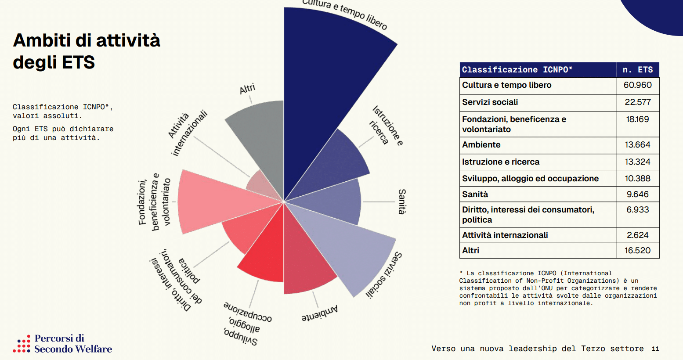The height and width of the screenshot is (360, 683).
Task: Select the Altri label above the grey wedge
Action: coord(247,89)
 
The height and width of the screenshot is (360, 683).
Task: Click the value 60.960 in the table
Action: coord(637,85)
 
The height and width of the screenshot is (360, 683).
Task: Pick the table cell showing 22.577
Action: coord(637,102)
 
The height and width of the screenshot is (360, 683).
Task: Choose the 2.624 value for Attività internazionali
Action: coord(637,235)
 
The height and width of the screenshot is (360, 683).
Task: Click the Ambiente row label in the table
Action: coord(481,145)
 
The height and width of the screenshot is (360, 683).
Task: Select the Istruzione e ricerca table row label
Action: coord(501,162)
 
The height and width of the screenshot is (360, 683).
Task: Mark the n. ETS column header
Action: coord(637,70)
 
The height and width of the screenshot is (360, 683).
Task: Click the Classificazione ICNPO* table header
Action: coord(517,70)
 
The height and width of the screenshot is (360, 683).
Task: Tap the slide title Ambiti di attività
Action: coord(87,40)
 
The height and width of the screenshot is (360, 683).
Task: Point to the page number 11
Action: coord(655,349)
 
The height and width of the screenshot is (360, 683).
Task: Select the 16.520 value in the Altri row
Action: coord(637,251)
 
